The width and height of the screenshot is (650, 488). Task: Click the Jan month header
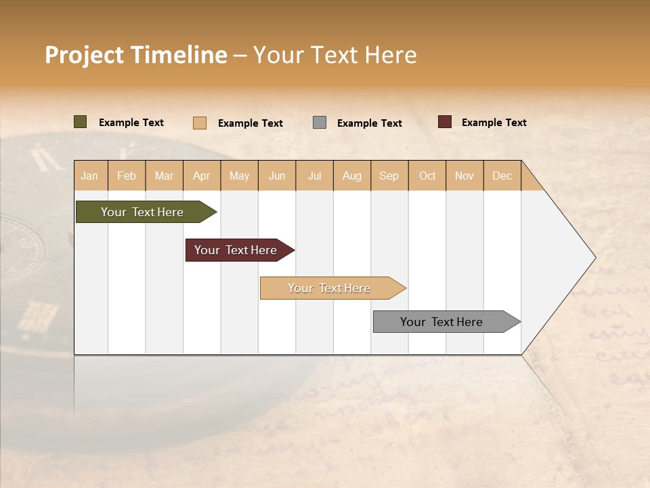click(89, 176)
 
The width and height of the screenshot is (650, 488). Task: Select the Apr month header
click(202, 176)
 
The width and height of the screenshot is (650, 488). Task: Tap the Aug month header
click(352, 176)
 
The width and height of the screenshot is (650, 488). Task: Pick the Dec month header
click(502, 176)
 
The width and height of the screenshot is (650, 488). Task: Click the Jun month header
click(277, 176)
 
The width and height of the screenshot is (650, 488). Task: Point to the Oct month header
click(427, 176)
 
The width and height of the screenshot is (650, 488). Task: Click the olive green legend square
click(80, 122)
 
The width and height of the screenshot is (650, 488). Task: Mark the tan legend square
click(199, 123)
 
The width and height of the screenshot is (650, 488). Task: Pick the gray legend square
click(320, 122)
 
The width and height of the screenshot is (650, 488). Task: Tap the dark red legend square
click(444, 122)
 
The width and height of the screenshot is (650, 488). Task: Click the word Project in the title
click(84, 55)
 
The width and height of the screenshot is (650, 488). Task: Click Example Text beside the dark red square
click(494, 123)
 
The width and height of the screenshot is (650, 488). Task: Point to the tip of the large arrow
click(594, 258)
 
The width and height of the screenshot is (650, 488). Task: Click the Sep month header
click(389, 176)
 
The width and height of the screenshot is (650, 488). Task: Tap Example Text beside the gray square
click(369, 123)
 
